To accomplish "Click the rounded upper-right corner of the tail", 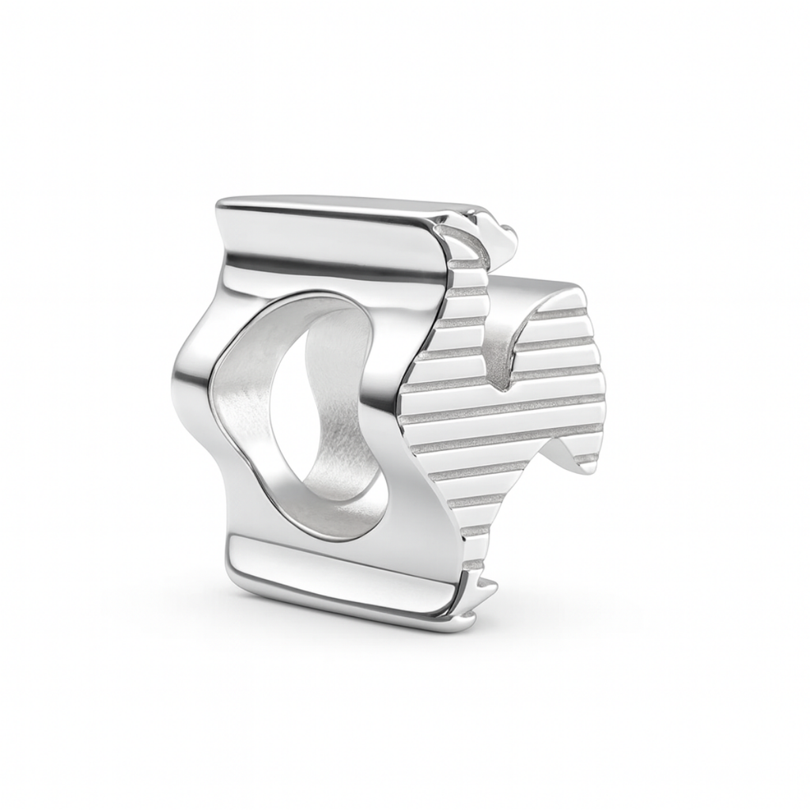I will click(x=581, y=297).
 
